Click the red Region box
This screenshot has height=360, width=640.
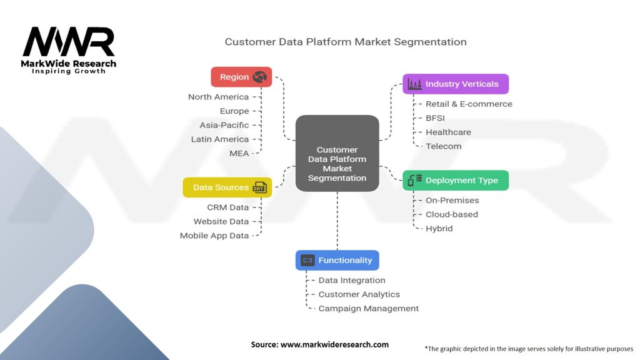[241, 77]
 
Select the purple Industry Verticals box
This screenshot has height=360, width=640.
[455, 84]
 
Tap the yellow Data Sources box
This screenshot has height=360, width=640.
[227, 187]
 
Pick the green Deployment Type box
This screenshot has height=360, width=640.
[455, 181]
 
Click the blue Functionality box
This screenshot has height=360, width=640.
[337, 260]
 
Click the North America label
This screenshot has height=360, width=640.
[218, 97]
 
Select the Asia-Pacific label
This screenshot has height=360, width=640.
[224, 125]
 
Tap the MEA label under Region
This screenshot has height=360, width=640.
[239, 153]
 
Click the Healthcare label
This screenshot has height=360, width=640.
[448, 132]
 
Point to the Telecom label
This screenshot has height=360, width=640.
[443, 146]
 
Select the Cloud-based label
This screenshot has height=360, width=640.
[451, 214]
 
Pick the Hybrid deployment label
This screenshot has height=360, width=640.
[439, 228]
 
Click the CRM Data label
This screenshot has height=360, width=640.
[227, 207]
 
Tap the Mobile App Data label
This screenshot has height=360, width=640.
[214, 236]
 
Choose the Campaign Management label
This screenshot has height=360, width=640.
[368, 308]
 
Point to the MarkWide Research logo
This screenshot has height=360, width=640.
[69, 50]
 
